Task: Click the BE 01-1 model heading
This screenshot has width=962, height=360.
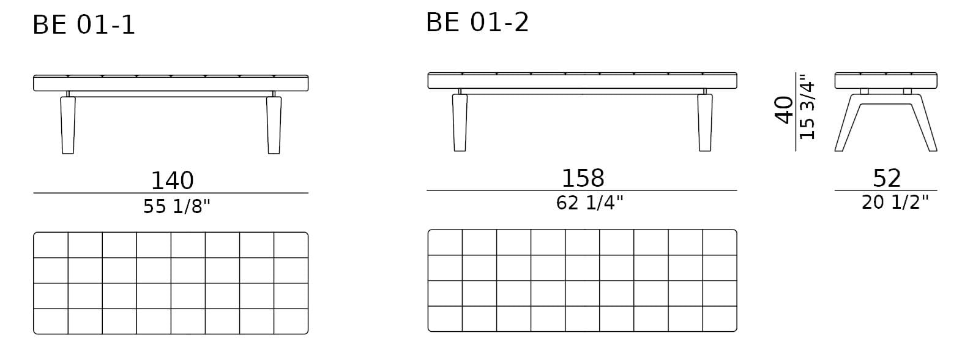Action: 84,25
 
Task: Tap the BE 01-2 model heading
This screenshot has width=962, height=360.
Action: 477,22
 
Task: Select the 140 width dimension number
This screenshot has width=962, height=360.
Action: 173,181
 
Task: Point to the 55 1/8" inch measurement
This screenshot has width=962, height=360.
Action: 176,206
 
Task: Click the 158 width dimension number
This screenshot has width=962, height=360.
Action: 583,178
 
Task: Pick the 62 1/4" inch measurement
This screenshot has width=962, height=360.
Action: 589,203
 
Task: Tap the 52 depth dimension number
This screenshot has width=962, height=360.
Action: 886,178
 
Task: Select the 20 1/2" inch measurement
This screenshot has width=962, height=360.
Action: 895,202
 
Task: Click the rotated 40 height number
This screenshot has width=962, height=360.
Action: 784,110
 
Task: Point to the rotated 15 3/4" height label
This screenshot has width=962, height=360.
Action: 807,110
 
